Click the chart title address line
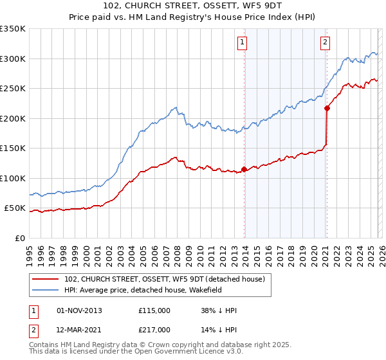[x=192, y=6]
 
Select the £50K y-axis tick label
[x=15, y=208]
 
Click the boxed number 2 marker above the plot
[x=326, y=43]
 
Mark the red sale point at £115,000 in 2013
[x=244, y=170]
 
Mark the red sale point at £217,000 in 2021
[x=327, y=108]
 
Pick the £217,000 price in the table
[x=154, y=330]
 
